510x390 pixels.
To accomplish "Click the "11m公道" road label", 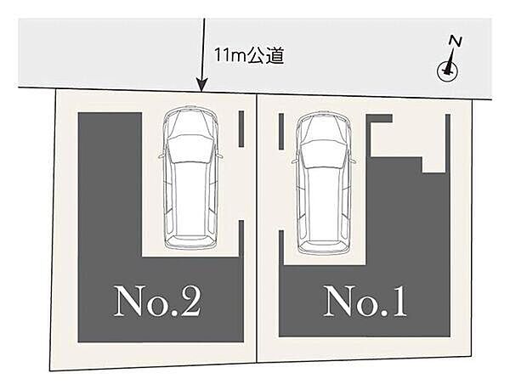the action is (x=249, y=56).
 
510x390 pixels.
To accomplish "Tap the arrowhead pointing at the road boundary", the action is (x=201, y=86).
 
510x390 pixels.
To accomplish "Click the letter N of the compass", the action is (x=456, y=42).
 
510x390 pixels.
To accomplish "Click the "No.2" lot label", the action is (x=156, y=301).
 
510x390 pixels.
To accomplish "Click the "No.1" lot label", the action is (x=365, y=301).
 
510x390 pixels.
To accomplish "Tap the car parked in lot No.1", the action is (x=325, y=183).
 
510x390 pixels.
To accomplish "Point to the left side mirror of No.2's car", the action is (x=161, y=156).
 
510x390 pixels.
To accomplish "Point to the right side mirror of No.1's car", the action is (x=354, y=161).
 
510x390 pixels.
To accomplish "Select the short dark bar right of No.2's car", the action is (x=241, y=129).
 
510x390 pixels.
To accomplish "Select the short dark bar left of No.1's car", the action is (x=281, y=132).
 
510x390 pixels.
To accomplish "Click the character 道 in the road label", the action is (x=275, y=56).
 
